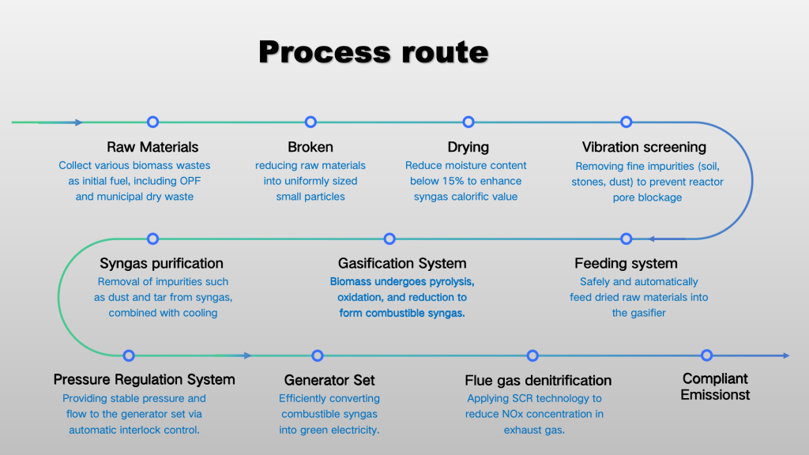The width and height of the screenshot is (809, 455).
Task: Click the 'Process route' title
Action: click(x=374, y=52)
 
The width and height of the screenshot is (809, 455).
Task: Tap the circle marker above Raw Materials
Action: click(x=152, y=122)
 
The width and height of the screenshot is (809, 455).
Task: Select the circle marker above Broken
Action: click(x=310, y=122)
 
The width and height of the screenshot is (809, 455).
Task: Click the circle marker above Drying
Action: click(x=468, y=122)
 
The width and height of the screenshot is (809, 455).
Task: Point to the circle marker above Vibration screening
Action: click(x=627, y=122)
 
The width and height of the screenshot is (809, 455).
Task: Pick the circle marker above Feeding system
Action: click(x=627, y=239)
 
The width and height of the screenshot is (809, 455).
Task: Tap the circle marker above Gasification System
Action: click(x=389, y=239)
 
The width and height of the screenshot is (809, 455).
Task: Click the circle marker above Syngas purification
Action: click(x=152, y=239)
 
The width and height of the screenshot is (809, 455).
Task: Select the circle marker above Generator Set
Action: click(x=318, y=355)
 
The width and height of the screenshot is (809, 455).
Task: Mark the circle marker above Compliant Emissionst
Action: click(x=707, y=355)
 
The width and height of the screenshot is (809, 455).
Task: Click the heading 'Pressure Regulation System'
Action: click(x=144, y=380)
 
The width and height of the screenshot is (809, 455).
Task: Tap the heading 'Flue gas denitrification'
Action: click(x=538, y=381)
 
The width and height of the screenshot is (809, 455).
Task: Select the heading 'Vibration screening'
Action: click(x=644, y=147)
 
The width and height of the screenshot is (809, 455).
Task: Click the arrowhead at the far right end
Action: click(x=786, y=355)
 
